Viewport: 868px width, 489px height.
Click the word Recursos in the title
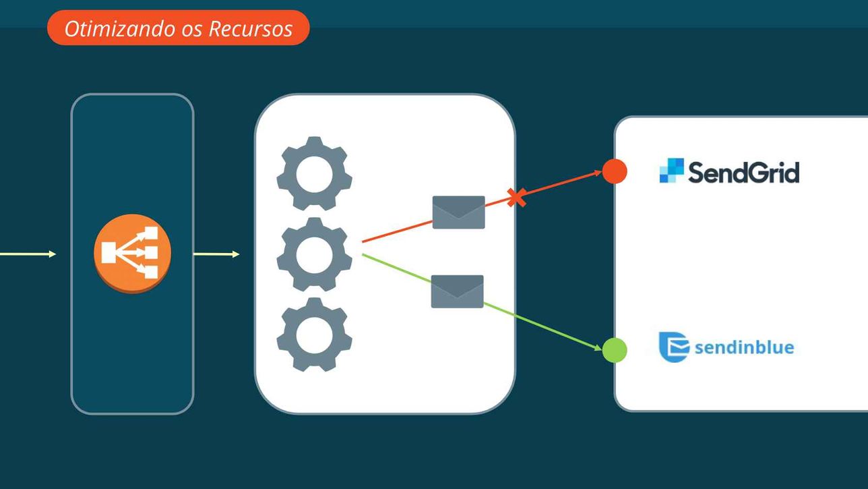pyautogui.click(x=251, y=29)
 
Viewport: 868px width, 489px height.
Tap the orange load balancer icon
pyautogui.click(x=132, y=253)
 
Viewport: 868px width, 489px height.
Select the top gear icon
pyautogui.click(x=314, y=173)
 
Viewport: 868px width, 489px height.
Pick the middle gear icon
pyautogui.click(x=314, y=254)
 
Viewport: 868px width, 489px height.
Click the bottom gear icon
pyautogui.click(x=314, y=335)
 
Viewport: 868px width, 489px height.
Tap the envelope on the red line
pyautogui.click(x=458, y=212)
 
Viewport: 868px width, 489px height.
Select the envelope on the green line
pyautogui.click(x=457, y=291)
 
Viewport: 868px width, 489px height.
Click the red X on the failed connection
pyautogui.click(x=516, y=198)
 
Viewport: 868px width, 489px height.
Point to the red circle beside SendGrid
pyautogui.click(x=615, y=171)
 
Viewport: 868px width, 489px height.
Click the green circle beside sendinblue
pyautogui.click(x=615, y=350)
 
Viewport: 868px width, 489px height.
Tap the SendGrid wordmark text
pyautogui.click(x=743, y=172)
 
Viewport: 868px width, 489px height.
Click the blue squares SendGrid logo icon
pyautogui.click(x=671, y=170)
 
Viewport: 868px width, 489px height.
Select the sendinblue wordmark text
pyautogui.click(x=745, y=347)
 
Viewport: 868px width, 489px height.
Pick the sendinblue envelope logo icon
pyautogui.click(x=674, y=347)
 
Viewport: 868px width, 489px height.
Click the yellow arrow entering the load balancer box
pyautogui.click(x=28, y=254)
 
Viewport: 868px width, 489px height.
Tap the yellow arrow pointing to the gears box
pyautogui.click(x=216, y=254)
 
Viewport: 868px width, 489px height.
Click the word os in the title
pyautogui.click(x=192, y=31)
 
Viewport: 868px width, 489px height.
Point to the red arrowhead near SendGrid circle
pyautogui.click(x=598, y=173)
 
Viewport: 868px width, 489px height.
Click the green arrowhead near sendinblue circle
pyautogui.click(x=598, y=347)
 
